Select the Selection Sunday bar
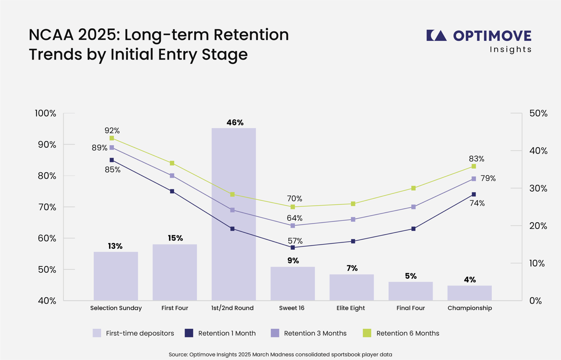pyautogui.click(x=116, y=276)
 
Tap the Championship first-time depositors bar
pyautogui.click(x=470, y=293)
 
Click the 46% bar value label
pyautogui.click(x=235, y=123)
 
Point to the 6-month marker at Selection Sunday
pyautogui.click(x=112, y=138)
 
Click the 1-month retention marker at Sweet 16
pyautogui.click(x=293, y=247)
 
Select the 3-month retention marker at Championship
pyautogui.click(x=474, y=179)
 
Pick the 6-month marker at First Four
pyautogui.click(x=172, y=163)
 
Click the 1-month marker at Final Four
pyautogui.click(x=413, y=229)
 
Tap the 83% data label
pyautogui.click(x=476, y=159)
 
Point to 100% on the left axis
pyautogui.click(x=46, y=113)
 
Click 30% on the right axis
pyautogui.click(x=538, y=188)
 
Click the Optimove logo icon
pyautogui.click(x=437, y=36)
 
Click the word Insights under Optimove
pyautogui.click(x=510, y=49)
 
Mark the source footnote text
pyautogui.click(x=280, y=354)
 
